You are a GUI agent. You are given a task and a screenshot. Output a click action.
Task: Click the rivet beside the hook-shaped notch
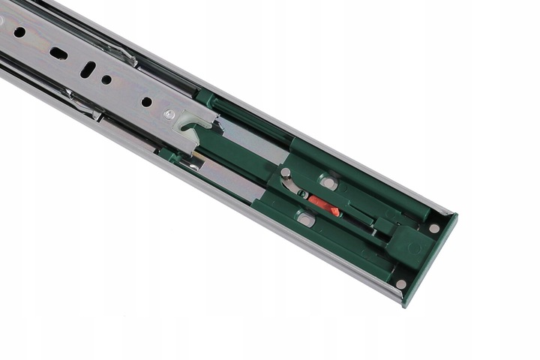[x=170, y=114]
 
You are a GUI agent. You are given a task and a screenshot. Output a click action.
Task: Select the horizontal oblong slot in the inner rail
[x=58, y=53]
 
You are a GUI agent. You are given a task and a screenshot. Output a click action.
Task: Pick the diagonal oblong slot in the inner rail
[x=88, y=69]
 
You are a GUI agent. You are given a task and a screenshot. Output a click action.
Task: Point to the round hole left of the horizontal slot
[x=19, y=32]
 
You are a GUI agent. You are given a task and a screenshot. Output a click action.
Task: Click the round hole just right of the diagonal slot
[x=106, y=79]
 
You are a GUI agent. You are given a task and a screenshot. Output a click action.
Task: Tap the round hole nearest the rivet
[x=146, y=101]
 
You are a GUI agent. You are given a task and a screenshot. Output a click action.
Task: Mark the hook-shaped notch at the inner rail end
[x=199, y=124]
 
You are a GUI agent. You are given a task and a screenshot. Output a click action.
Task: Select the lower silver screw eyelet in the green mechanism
[x=305, y=219]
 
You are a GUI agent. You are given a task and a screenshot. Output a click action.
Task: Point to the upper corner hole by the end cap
[x=433, y=227]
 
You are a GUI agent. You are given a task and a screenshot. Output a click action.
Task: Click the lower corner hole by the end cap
[x=401, y=283]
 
